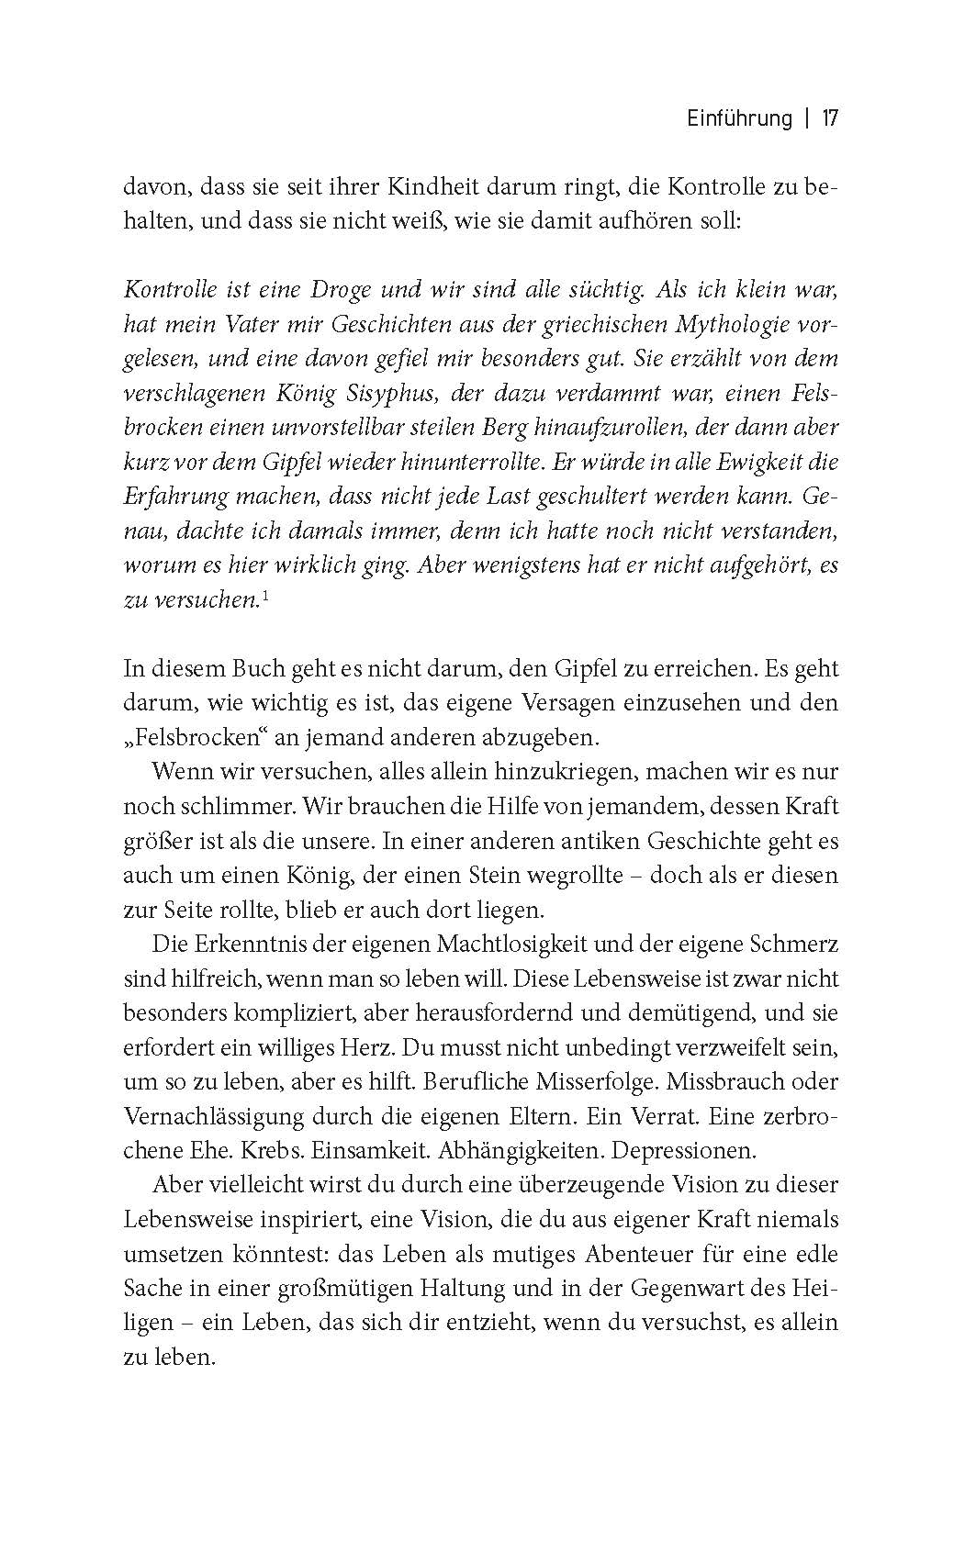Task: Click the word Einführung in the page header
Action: (x=738, y=119)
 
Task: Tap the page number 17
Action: (x=830, y=119)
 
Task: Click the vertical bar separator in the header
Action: (x=806, y=119)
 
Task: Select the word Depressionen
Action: (x=683, y=1150)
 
